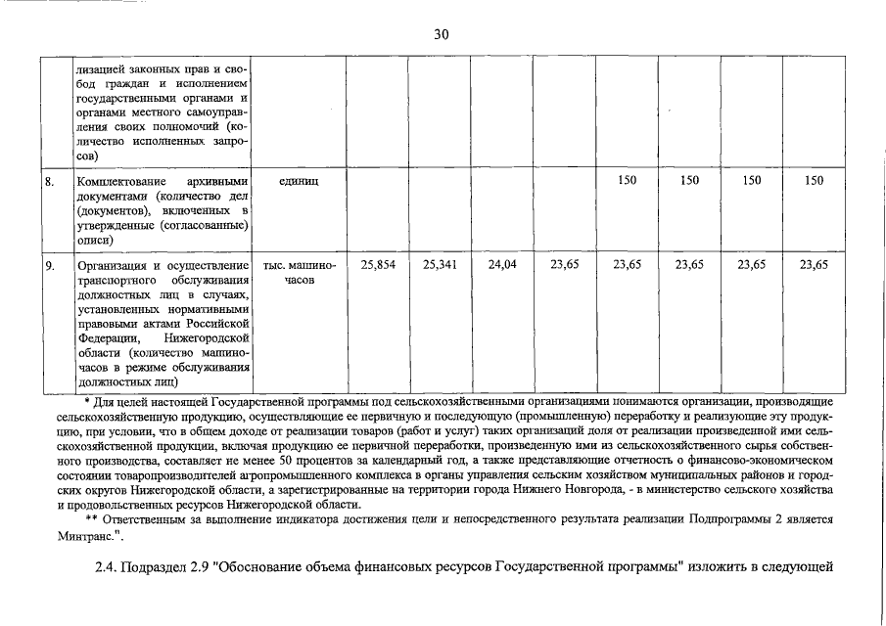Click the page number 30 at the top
coord(441,34)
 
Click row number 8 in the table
coord(49,181)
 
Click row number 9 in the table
coord(49,265)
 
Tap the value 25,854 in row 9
coord(378,265)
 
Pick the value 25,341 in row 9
coord(440,265)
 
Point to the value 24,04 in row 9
coord(501,265)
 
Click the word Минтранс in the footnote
coord(88,535)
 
